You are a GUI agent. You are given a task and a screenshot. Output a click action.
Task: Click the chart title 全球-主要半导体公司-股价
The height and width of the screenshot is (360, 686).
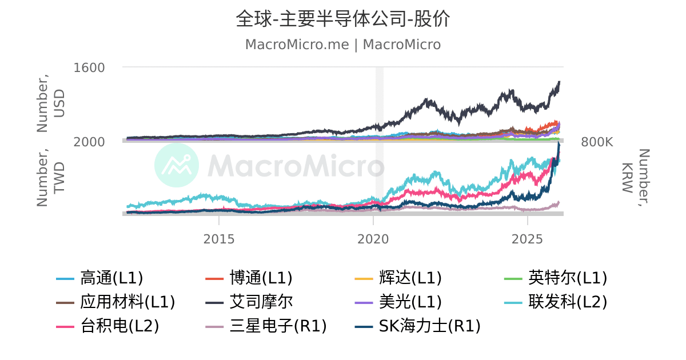click(343, 19)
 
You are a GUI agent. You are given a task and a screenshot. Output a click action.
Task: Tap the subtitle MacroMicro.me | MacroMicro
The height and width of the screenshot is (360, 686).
click(343, 45)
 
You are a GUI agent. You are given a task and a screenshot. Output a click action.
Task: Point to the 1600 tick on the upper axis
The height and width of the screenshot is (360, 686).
click(89, 67)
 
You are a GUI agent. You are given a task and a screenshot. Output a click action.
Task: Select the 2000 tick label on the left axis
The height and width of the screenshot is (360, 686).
click(89, 142)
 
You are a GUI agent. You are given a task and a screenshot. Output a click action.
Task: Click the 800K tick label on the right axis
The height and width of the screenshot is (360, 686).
click(597, 142)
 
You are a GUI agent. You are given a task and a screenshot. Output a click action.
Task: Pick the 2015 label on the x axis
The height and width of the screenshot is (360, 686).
click(219, 239)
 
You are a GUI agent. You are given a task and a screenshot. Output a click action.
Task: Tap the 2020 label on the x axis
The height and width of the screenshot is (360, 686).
click(373, 239)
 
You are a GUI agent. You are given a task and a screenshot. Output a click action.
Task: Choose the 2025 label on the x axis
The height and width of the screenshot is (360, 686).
click(528, 239)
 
